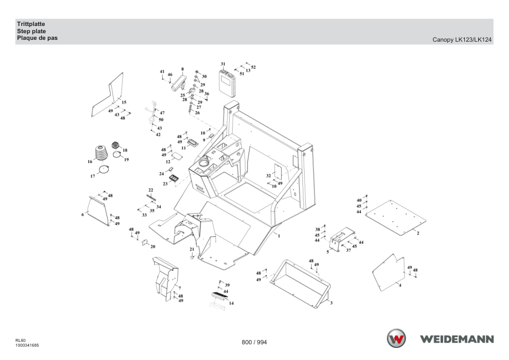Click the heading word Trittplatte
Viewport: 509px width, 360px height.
point(31,24)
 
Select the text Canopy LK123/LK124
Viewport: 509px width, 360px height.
point(462,40)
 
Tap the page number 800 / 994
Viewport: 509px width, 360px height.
point(254,342)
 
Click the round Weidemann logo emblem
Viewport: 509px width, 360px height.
point(396,338)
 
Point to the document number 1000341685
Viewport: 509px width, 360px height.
point(27,346)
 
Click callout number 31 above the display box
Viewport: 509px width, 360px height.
point(223,64)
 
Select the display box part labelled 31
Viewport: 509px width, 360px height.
point(227,83)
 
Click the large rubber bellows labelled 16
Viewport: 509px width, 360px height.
point(101,153)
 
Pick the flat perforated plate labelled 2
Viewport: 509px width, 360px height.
point(395,217)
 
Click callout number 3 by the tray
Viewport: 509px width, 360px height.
point(331,303)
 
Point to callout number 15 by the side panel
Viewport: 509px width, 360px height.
point(124,102)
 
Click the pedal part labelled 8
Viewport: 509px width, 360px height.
point(178,83)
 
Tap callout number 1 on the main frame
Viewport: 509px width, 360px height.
point(279,236)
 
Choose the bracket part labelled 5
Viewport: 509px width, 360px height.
point(342,239)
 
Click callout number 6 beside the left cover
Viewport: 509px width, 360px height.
point(82,214)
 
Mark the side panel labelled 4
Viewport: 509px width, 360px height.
point(389,273)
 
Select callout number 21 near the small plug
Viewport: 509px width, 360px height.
point(192,249)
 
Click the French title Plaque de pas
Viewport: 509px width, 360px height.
point(37,38)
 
